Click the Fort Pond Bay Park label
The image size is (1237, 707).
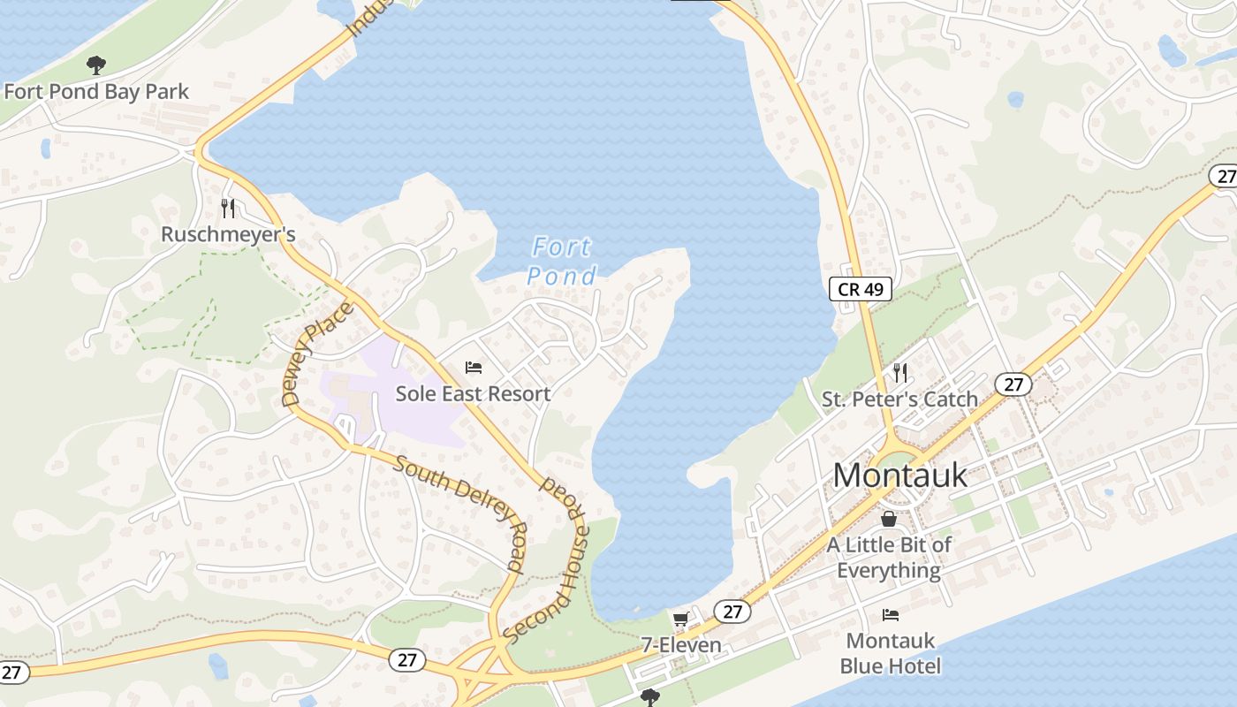pos(96,91)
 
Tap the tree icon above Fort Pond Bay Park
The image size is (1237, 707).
pos(96,65)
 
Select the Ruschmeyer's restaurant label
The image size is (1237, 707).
pos(228,234)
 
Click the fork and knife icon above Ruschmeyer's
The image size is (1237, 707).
pos(228,209)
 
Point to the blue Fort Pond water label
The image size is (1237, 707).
pos(561,262)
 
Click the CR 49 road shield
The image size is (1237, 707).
pos(860,288)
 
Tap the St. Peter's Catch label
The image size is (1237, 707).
pos(899,399)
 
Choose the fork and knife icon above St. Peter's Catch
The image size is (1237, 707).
pos(899,372)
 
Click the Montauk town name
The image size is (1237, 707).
pos(899,475)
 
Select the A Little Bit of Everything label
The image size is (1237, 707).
pos(889,557)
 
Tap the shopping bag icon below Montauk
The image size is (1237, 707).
pos(889,519)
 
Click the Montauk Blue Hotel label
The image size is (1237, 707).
pos(890,652)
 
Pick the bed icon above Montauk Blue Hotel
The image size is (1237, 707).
pos(890,615)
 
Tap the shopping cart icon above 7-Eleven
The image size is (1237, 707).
pos(680,620)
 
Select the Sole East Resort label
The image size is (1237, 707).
pos(473,393)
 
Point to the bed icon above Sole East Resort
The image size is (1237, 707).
pos(473,367)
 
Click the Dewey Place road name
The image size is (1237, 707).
pos(316,353)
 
